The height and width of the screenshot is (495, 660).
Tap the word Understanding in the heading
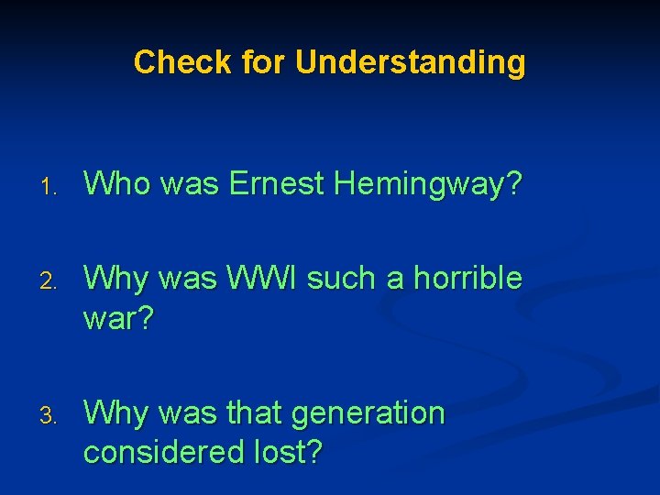[x=411, y=62]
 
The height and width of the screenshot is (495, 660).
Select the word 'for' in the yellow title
[x=265, y=62]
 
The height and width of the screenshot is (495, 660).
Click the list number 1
[x=53, y=187]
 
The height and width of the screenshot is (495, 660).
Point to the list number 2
[x=53, y=280]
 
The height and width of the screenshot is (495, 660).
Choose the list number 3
[x=53, y=416]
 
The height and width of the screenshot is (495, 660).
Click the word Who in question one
[x=117, y=184]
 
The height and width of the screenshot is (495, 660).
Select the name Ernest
[x=277, y=184]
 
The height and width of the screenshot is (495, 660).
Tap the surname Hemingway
[x=428, y=185]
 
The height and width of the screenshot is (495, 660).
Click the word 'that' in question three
[x=255, y=413]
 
